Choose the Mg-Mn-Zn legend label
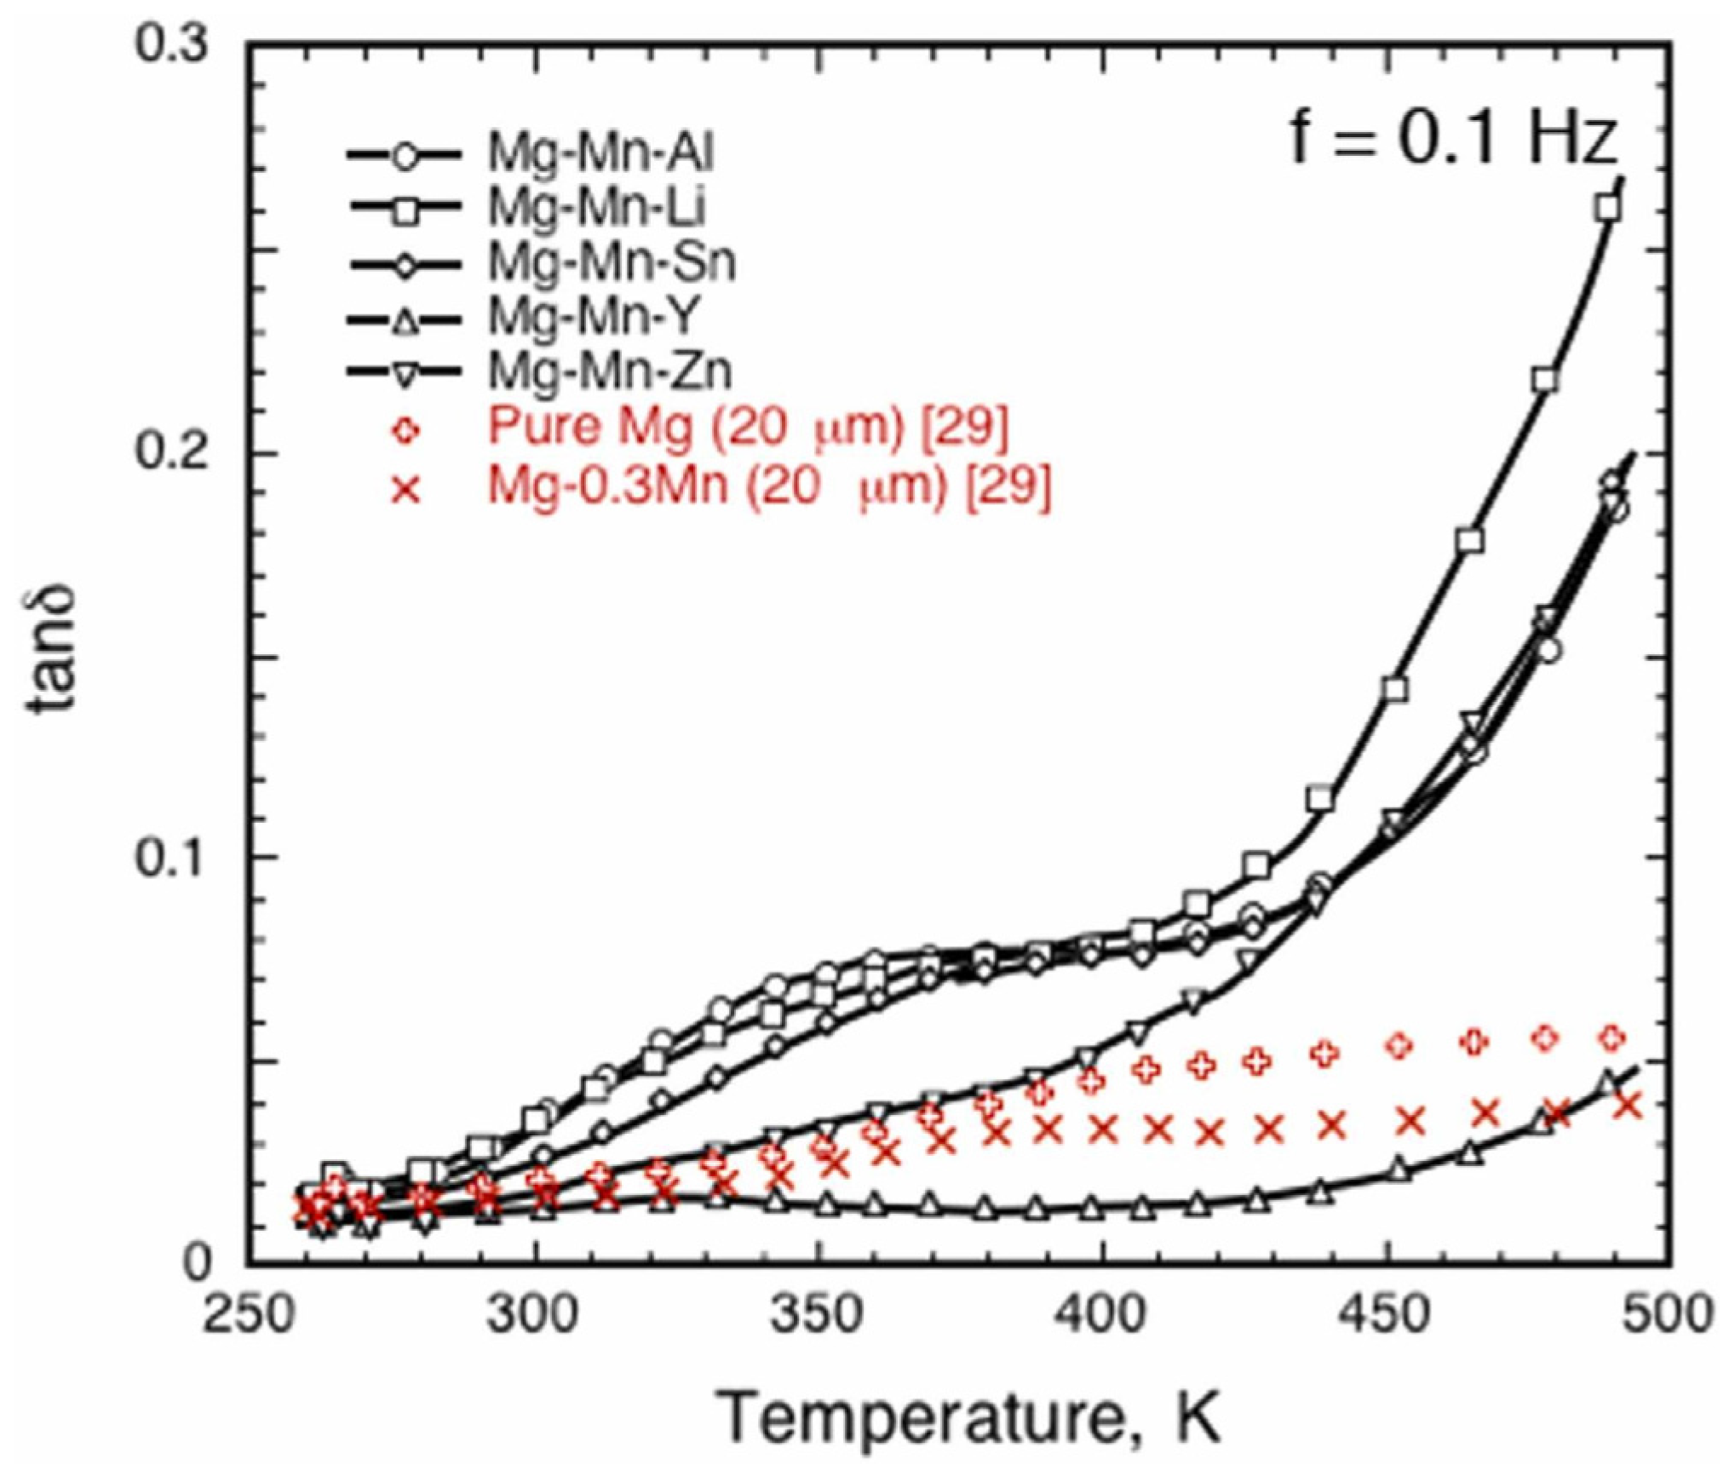click(610, 371)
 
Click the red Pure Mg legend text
click(748, 427)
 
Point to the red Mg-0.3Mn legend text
click(769, 486)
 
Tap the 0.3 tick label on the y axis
click(174, 44)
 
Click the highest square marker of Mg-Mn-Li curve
click(1607, 208)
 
